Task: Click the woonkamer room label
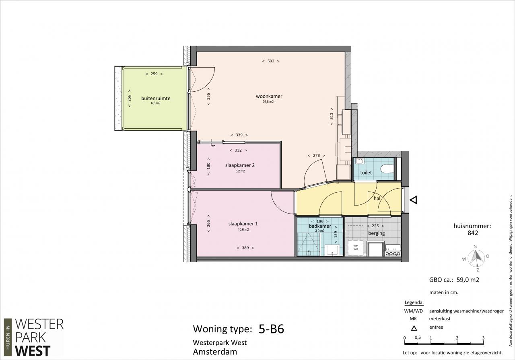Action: pyautogui.click(x=269, y=96)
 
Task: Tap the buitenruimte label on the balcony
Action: pyautogui.click(x=156, y=99)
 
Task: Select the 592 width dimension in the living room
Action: pyautogui.click(x=271, y=61)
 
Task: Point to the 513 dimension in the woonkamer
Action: pyautogui.click(x=332, y=116)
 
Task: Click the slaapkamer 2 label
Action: pyautogui.click(x=240, y=165)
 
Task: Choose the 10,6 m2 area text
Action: pyautogui.click(x=243, y=230)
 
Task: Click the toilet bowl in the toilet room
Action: pyautogui.click(x=387, y=169)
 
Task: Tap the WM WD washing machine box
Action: pyautogui.click(x=356, y=247)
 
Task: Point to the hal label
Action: pyautogui.click(x=377, y=198)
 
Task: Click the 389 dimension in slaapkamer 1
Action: pyautogui.click(x=245, y=248)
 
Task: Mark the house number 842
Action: pyautogui.click(x=473, y=233)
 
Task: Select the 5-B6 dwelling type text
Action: pyautogui.click(x=271, y=329)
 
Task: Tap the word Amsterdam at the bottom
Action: pyautogui.click(x=215, y=352)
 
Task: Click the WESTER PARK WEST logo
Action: pyautogui.click(x=34, y=337)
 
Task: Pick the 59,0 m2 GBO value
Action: pyautogui.click(x=468, y=280)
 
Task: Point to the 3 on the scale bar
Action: pyautogui.click(x=484, y=338)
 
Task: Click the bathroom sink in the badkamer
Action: pyautogui.click(x=332, y=250)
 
